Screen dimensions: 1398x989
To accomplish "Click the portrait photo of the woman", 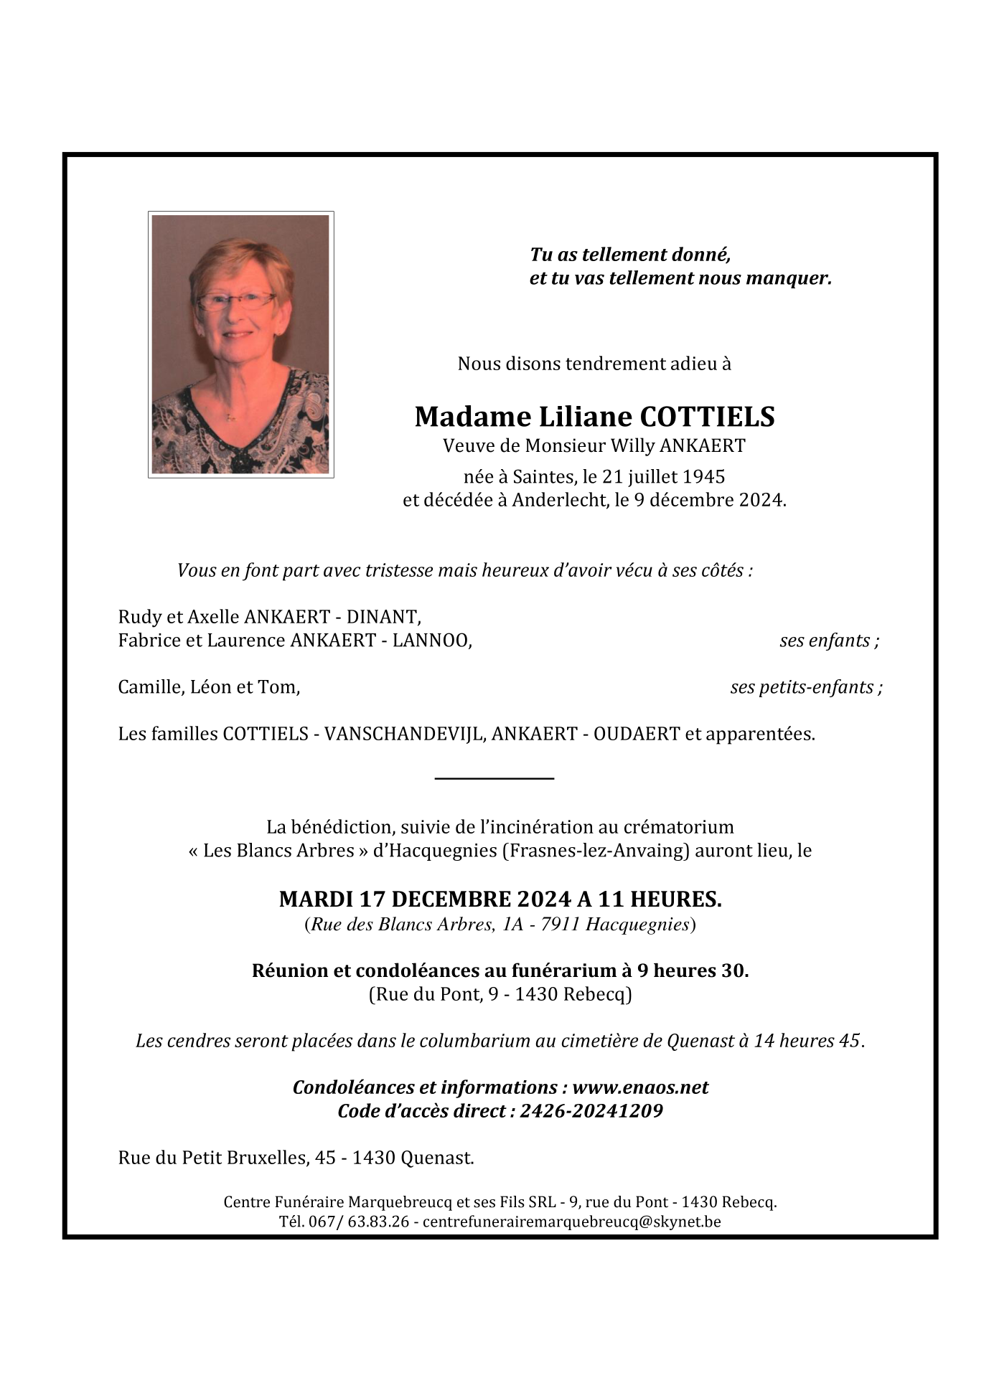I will (x=240, y=344).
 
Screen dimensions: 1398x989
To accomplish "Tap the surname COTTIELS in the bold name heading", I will (x=707, y=417).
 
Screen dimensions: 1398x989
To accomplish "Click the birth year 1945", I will (x=703, y=476).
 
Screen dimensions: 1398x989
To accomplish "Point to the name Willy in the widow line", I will (x=632, y=446).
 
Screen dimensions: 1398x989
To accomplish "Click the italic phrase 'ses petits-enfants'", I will (x=802, y=687).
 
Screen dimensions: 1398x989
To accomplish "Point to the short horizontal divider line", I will (x=495, y=778).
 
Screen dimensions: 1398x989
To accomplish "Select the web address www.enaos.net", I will (x=640, y=1087).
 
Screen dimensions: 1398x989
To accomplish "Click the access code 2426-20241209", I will (x=591, y=1111).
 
